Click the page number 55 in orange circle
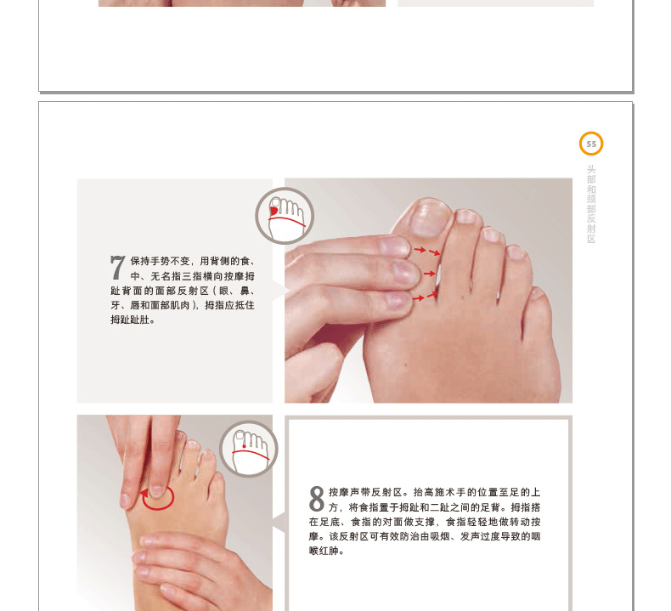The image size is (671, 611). pos(591,144)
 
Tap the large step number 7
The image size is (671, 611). pos(118,267)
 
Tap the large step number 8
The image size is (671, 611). pos(317,499)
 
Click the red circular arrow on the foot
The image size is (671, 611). pos(157,498)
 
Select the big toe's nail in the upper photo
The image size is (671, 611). pos(429,218)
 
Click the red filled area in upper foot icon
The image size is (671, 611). pos(273,212)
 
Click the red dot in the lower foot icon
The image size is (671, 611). pos(245,446)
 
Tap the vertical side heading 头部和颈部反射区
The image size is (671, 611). pos(591,204)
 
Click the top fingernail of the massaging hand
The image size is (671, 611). pos(395,246)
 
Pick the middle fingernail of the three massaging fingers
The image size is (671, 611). pos(404,272)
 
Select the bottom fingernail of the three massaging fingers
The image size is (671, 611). pos(399,300)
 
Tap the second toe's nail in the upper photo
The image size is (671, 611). pos(466,216)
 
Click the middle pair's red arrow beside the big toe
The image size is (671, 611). pos(429,273)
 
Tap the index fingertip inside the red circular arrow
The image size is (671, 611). pos(157,490)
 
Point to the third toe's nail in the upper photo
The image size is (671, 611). pos(492,235)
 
